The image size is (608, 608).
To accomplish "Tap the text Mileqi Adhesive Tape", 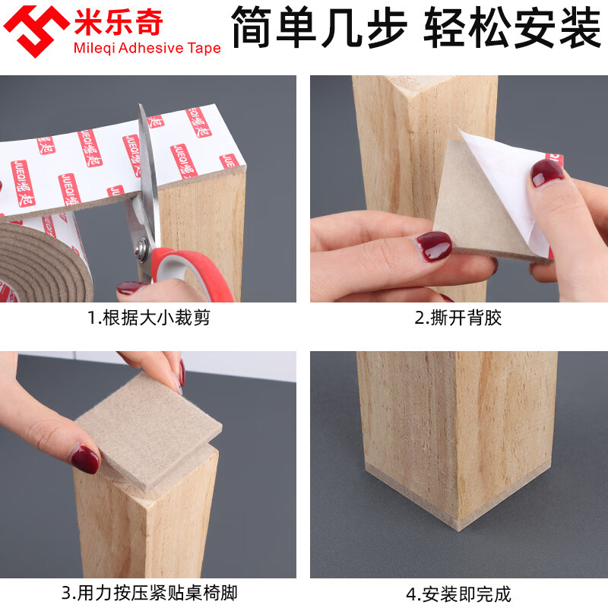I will coord(147,49).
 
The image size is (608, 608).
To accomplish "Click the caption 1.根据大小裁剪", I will coord(148,318).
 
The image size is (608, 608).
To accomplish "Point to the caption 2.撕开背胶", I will coord(458,318).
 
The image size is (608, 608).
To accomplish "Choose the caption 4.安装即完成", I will coord(458,591).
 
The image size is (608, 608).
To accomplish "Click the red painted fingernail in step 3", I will coord(84,458).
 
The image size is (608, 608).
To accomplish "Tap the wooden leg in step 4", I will coord(448,418).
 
